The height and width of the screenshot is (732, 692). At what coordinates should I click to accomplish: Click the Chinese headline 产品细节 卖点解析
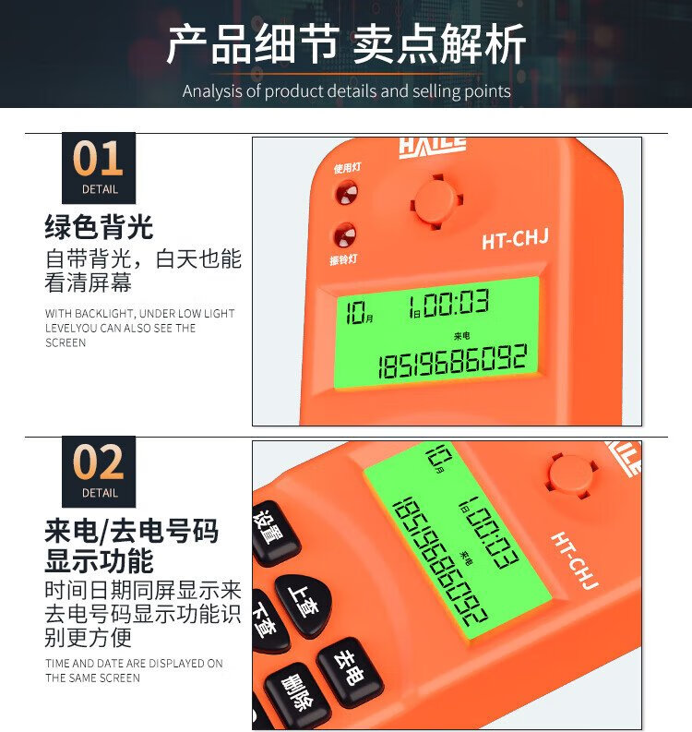point(346,44)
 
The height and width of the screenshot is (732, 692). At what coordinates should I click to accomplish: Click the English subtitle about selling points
point(346,91)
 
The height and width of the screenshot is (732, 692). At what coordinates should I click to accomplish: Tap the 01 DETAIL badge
point(99,168)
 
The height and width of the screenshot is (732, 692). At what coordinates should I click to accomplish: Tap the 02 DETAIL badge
point(99,472)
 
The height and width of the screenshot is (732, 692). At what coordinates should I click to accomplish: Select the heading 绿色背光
point(99,227)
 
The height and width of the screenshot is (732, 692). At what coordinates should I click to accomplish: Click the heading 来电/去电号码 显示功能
point(132,546)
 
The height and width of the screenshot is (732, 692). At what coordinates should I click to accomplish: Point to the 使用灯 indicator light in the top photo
point(346,192)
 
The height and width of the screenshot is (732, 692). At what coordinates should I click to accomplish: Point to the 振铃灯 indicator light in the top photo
point(344,234)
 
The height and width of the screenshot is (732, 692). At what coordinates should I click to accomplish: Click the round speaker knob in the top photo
point(437,202)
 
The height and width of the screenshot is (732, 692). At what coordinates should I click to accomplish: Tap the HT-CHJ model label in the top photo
point(515,239)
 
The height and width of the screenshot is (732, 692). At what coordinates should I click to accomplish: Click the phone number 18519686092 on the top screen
point(453,361)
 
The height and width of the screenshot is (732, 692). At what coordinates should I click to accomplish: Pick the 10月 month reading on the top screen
point(359,312)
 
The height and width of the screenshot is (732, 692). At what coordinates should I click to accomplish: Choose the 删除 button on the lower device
point(297,697)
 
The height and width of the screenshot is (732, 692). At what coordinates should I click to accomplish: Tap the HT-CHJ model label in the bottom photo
point(575,560)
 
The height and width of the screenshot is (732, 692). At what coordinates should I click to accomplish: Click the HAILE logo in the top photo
point(433,148)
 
